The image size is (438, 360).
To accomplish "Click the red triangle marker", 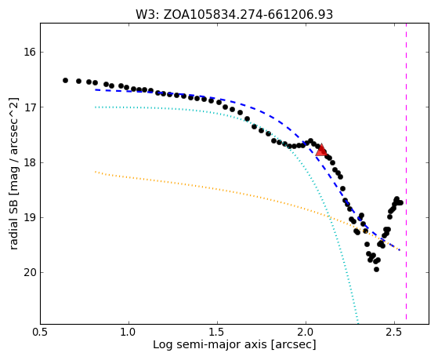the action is coord(321,150).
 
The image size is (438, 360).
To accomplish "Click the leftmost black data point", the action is coord(65,80).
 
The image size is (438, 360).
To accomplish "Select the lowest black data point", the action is coord(376,269).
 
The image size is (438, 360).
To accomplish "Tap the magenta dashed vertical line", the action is coord(406,172).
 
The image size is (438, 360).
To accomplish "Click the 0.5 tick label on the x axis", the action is coord(41,332).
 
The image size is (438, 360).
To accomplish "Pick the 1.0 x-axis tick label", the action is coord(129,332).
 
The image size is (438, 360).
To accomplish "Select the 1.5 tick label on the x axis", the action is coord(217,332).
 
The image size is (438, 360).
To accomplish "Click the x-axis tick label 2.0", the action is coord(306,332).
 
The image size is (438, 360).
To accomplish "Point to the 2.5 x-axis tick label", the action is coord(394,332).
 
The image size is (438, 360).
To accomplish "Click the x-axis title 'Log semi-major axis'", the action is coord(210,345).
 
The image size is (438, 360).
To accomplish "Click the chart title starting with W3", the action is coord(234,14).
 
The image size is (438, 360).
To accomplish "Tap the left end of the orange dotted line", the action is coord(96,172).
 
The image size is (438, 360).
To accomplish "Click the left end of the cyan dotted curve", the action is coord(96,107).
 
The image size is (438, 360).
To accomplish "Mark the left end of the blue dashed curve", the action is coord(96,89).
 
